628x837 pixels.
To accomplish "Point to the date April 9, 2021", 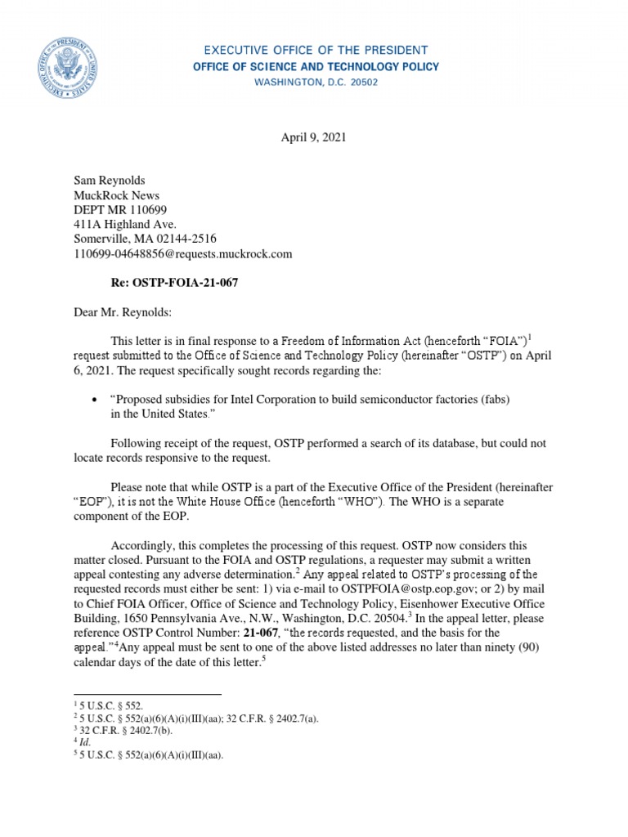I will [313, 138].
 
